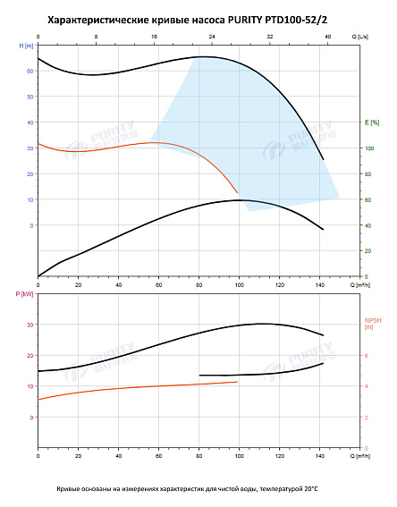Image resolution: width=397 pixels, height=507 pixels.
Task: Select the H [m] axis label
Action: pyautogui.click(x=24, y=44)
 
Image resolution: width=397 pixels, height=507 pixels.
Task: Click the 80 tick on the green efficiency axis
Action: pyautogui.click(x=367, y=173)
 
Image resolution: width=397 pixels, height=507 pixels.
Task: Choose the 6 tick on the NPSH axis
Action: pyautogui.click(x=365, y=355)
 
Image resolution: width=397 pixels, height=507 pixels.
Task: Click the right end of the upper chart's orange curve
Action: pyautogui.click(x=238, y=192)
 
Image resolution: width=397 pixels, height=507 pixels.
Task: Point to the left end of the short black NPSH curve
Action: pyautogui.click(x=199, y=375)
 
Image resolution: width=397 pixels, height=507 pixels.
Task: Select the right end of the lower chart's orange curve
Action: pyautogui.click(x=237, y=382)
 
